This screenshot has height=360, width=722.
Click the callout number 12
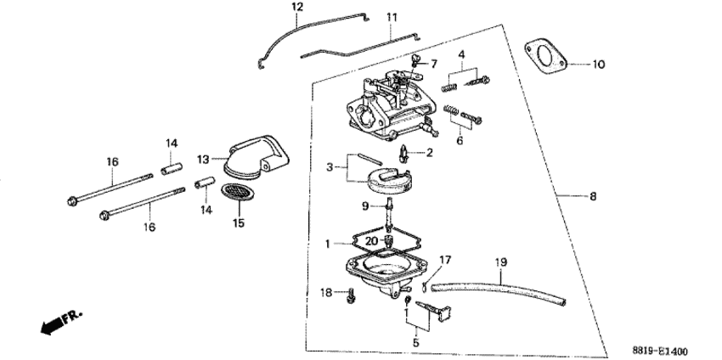297,7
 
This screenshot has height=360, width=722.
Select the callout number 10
598,65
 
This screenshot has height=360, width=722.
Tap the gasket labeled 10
545,57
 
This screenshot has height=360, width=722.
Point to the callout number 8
593,197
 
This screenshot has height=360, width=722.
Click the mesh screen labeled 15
238,192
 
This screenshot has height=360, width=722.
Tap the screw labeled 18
351,295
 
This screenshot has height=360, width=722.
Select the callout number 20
372,241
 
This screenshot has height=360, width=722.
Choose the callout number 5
416,342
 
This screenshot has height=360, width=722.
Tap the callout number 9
365,206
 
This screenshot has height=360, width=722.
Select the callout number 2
429,152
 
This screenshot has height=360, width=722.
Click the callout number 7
434,64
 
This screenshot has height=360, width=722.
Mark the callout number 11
392,18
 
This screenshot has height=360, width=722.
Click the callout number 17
445,261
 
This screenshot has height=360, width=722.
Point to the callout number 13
204,160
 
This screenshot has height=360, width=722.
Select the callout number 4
461,55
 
